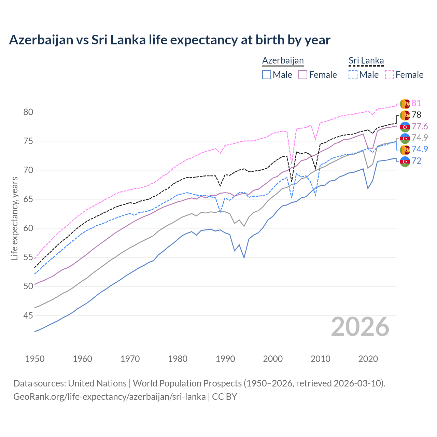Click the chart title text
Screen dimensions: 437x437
coord(170,40)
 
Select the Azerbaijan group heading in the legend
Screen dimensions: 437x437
coord(283,60)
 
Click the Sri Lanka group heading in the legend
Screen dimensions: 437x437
coord(366,60)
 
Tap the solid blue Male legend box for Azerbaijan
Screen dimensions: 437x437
coord(267,75)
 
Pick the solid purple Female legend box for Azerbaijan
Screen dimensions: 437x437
coord(303,75)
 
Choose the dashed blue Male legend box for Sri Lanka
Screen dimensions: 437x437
coord(353,75)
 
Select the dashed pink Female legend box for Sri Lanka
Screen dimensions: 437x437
coord(390,75)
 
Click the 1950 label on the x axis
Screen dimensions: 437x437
coord(35,359)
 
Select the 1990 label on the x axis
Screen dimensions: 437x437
coord(225,359)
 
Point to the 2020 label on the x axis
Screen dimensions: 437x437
coord(368,359)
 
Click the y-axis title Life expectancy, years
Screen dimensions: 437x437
coord(14,218)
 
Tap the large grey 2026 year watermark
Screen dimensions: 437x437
coord(360,327)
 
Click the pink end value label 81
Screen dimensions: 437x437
coord(416,103)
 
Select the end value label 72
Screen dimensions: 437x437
coord(416,161)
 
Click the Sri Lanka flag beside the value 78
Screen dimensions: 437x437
coord(405,115)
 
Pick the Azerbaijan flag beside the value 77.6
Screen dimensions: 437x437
coord(405,127)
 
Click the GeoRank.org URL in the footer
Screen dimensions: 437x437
coord(109,397)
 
